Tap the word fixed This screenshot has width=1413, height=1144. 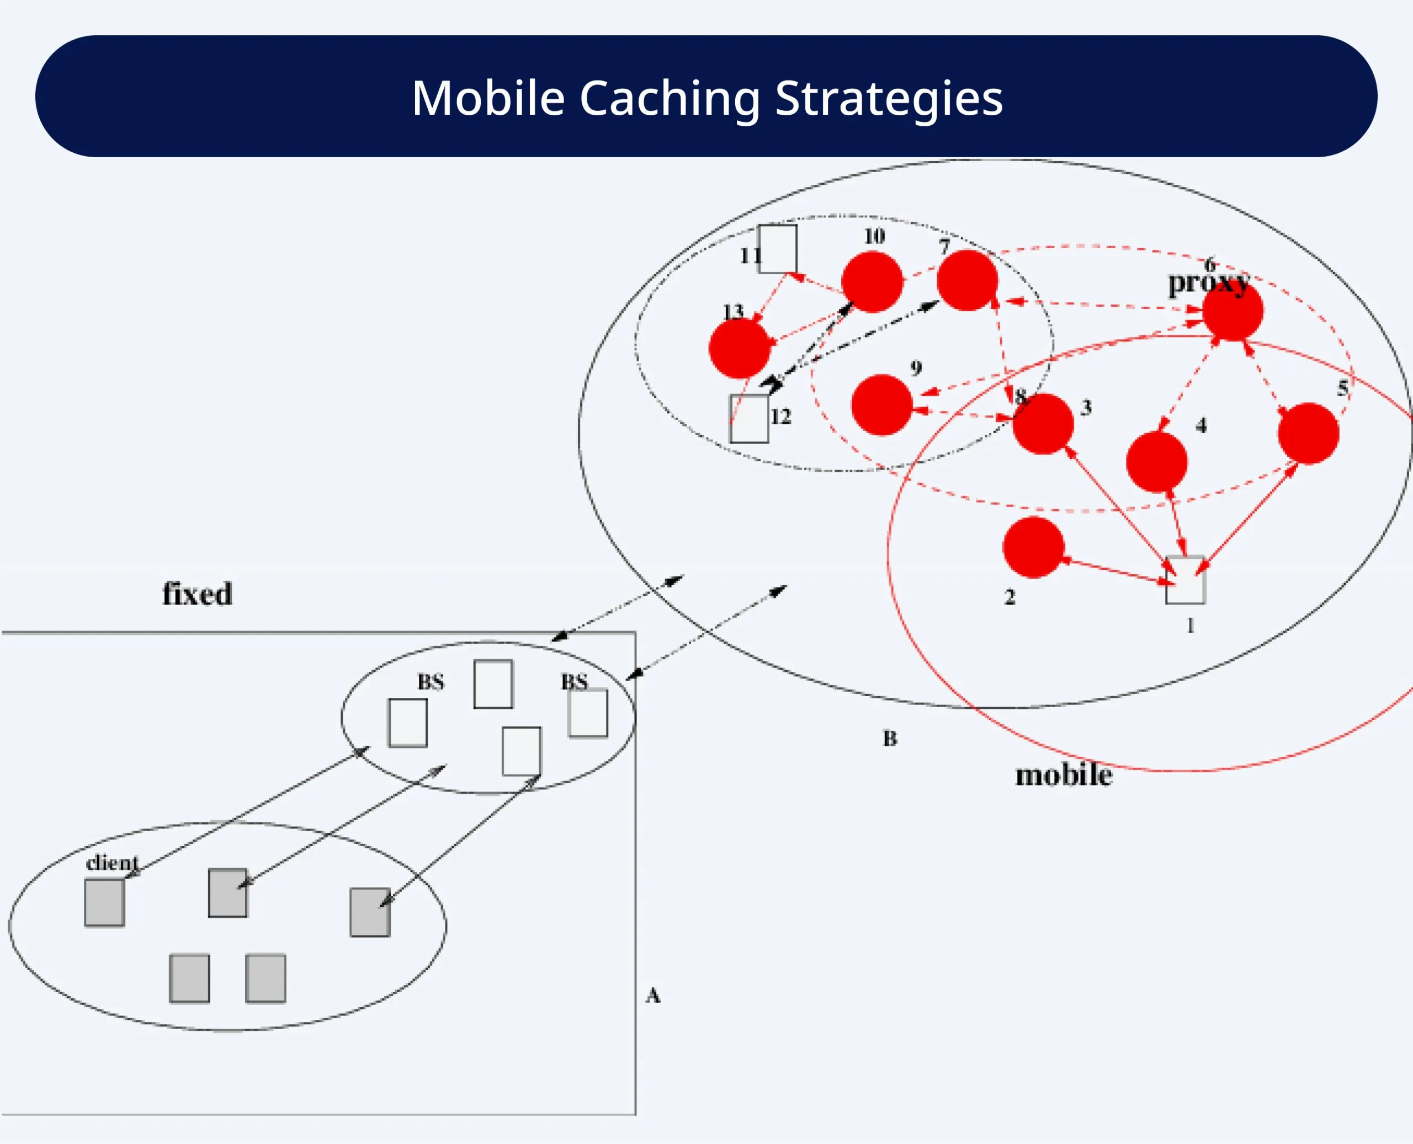click(197, 594)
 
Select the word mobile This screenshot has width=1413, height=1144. click(1064, 775)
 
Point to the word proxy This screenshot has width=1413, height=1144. click(1208, 284)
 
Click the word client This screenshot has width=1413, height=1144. click(112, 863)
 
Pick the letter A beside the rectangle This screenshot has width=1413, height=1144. click(653, 995)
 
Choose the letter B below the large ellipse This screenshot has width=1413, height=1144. click(890, 738)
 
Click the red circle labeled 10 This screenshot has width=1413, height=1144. click(872, 281)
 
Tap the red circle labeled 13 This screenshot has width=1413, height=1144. click(739, 348)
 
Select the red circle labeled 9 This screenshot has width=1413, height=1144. click(881, 405)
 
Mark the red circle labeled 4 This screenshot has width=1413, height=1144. click(1156, 462)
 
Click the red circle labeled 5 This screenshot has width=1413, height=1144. click(1308, 434)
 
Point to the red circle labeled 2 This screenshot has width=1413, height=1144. click(1033, 547)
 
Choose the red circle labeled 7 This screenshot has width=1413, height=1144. click(966, 280)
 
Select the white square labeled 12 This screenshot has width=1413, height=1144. click(749, 419)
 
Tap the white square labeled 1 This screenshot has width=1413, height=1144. click(1186, 580)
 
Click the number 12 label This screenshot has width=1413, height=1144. click(780, 416)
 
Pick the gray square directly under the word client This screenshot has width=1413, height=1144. click(104, 902)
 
